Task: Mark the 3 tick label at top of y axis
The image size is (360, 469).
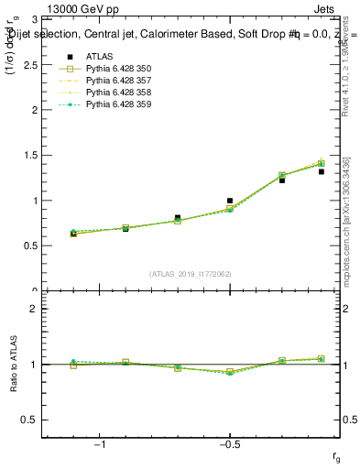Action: (34, 19)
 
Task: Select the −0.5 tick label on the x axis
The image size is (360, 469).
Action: (229, 446)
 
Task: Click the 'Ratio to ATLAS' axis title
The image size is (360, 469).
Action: (13, 365)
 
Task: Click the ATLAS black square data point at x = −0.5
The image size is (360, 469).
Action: (230, 200)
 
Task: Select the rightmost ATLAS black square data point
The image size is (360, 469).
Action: (322, 171)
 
